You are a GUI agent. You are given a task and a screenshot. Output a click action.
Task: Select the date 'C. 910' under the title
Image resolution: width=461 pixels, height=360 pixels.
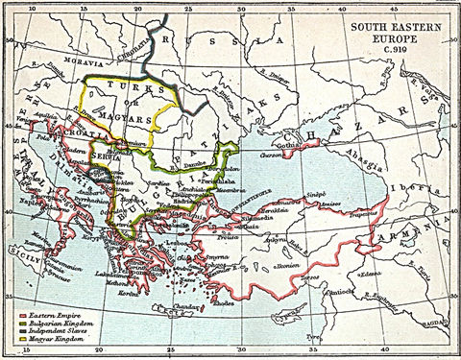[389, 51]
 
